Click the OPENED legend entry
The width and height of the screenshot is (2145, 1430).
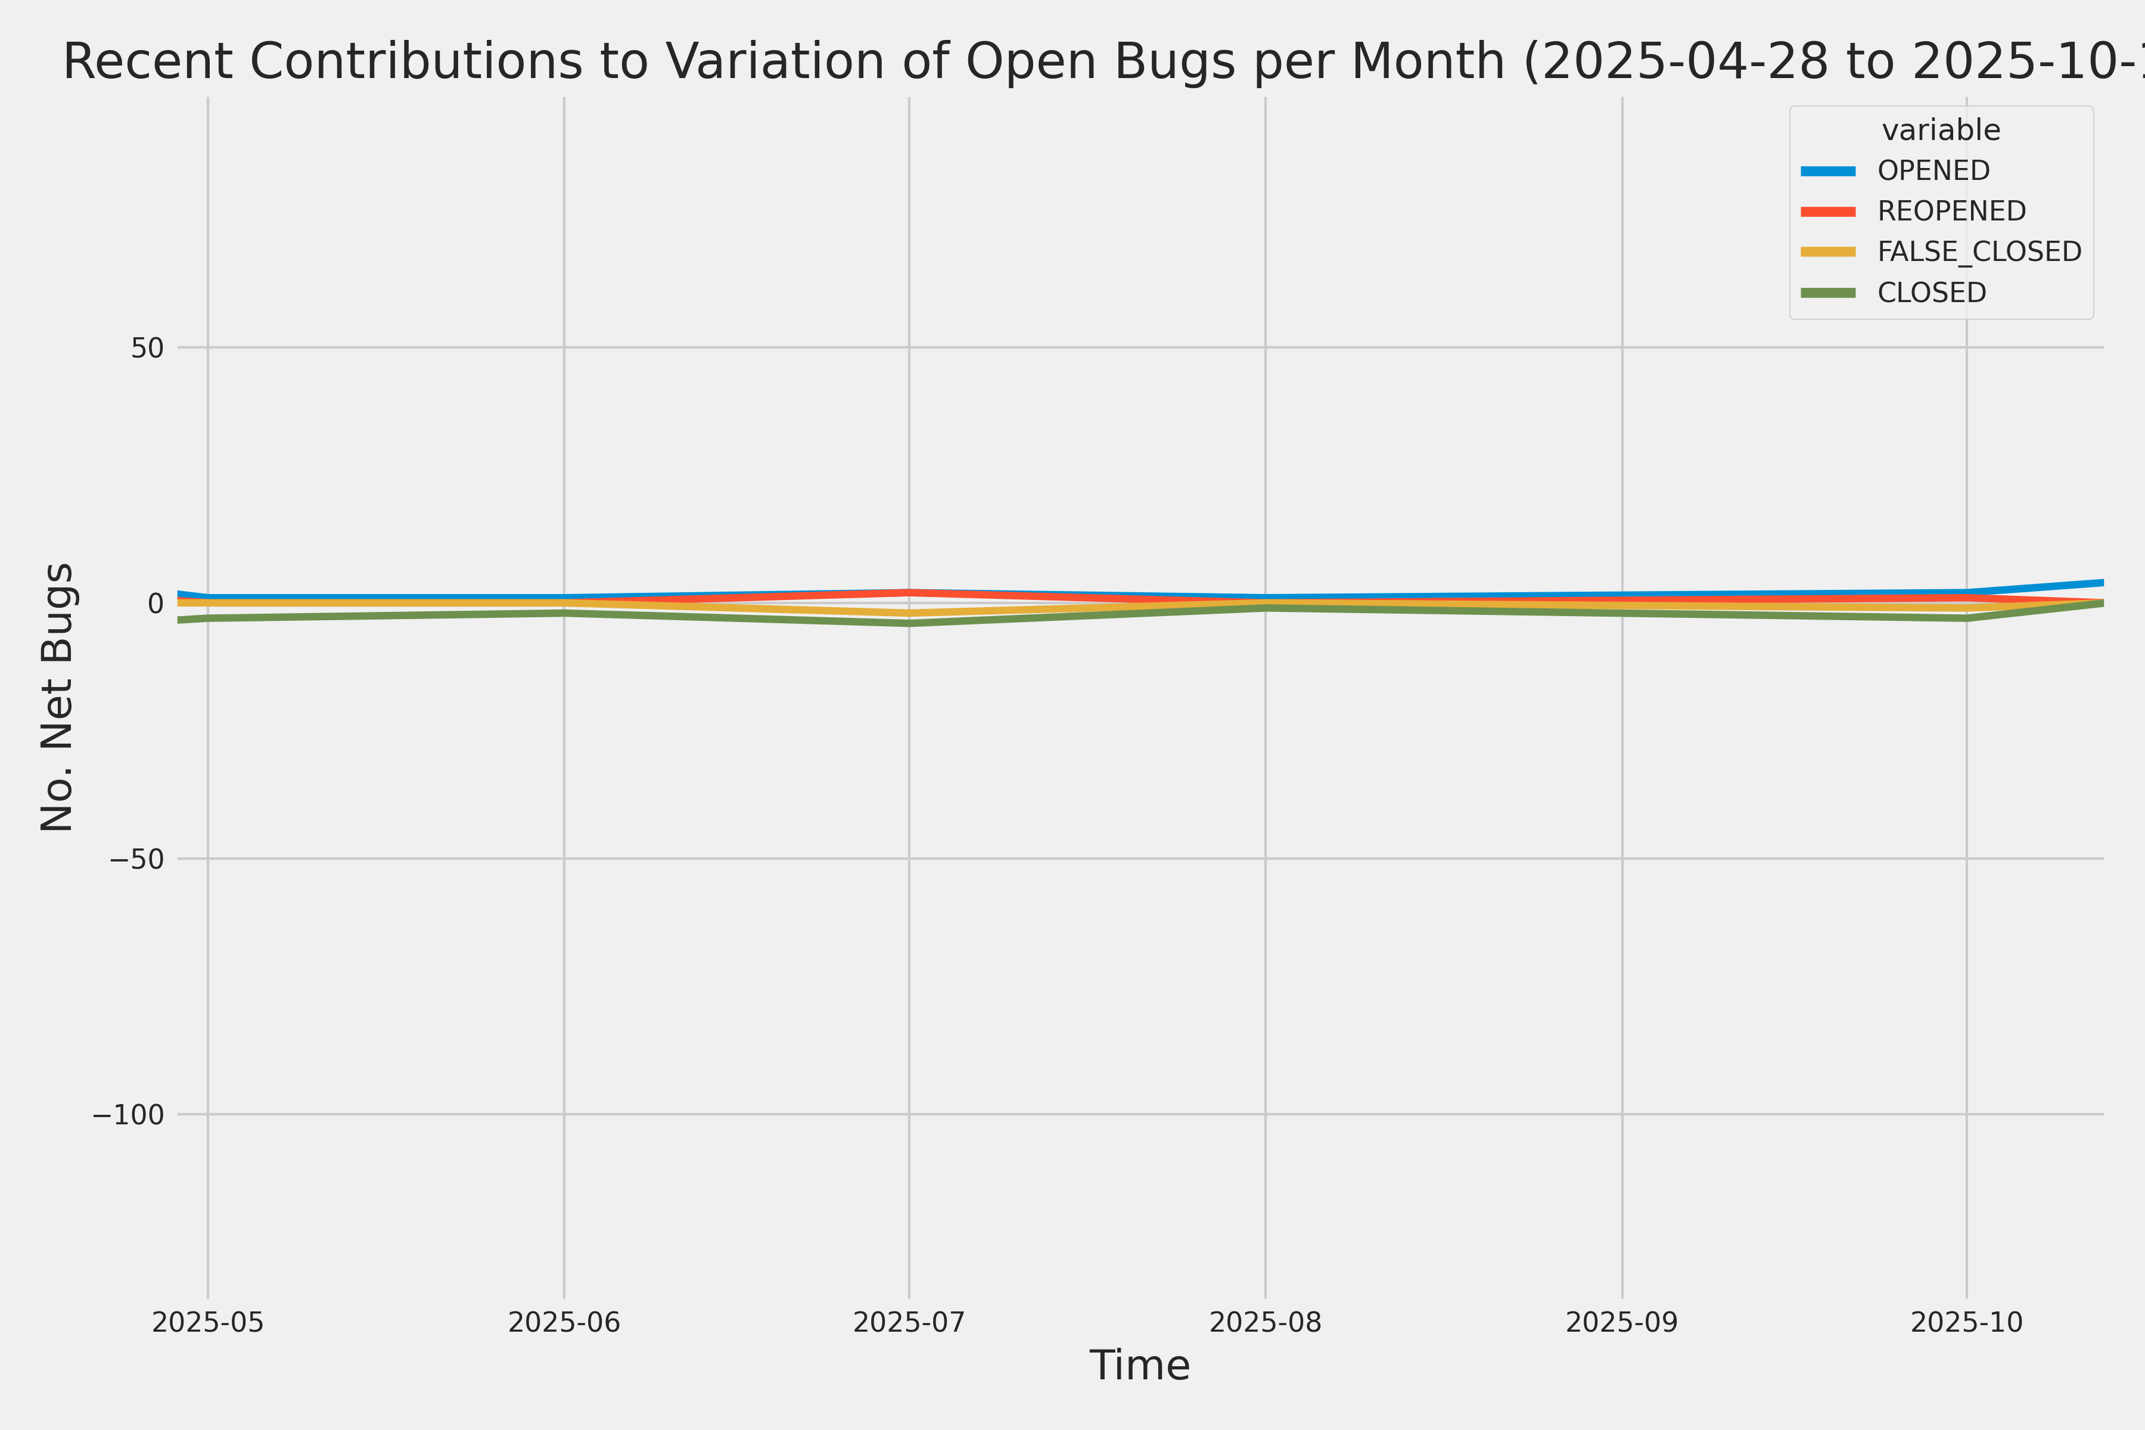[1933, 170]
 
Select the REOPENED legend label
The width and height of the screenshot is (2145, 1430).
[1951, 211]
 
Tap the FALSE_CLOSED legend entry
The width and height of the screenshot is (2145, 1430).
[1979, 251]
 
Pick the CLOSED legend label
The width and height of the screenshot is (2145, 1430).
[1930, 293]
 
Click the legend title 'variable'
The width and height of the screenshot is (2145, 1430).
[1941, 130]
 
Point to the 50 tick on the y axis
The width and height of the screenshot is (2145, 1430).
[147, 347]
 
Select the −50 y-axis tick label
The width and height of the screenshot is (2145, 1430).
[137, 858]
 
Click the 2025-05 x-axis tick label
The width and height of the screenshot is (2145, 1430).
[208, 1322]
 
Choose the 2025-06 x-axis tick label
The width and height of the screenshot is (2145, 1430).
[564, 1322]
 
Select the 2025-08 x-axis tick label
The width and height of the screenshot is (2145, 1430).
[1265, 1322]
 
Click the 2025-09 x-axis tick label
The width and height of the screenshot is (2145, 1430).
[1621, 1322]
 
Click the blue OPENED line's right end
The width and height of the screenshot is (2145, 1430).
[2102, 583]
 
